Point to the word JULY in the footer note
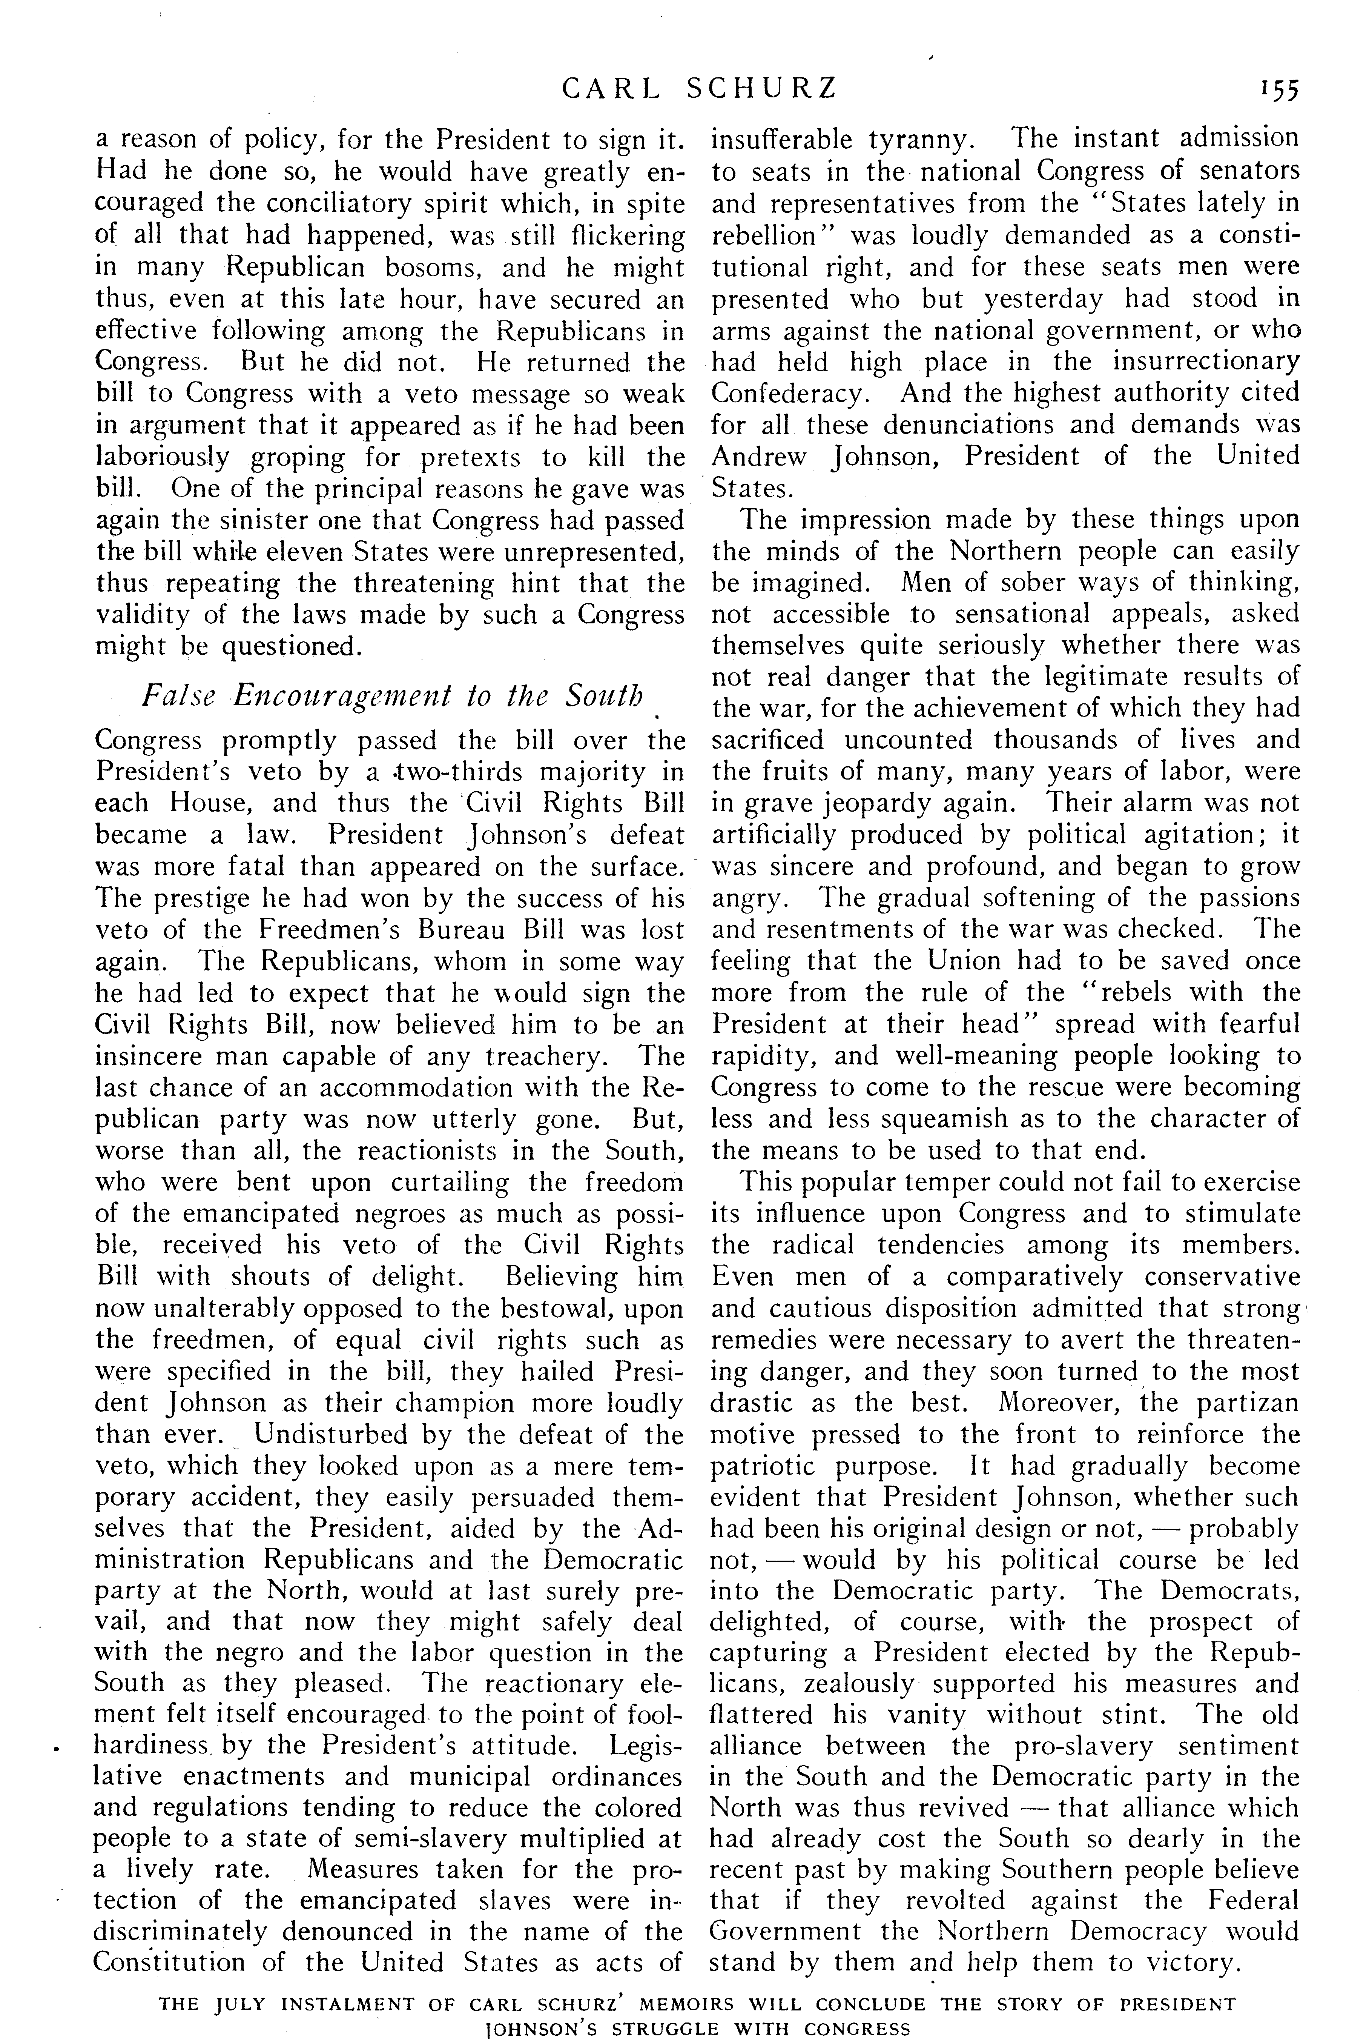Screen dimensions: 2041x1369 (246, 1980)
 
